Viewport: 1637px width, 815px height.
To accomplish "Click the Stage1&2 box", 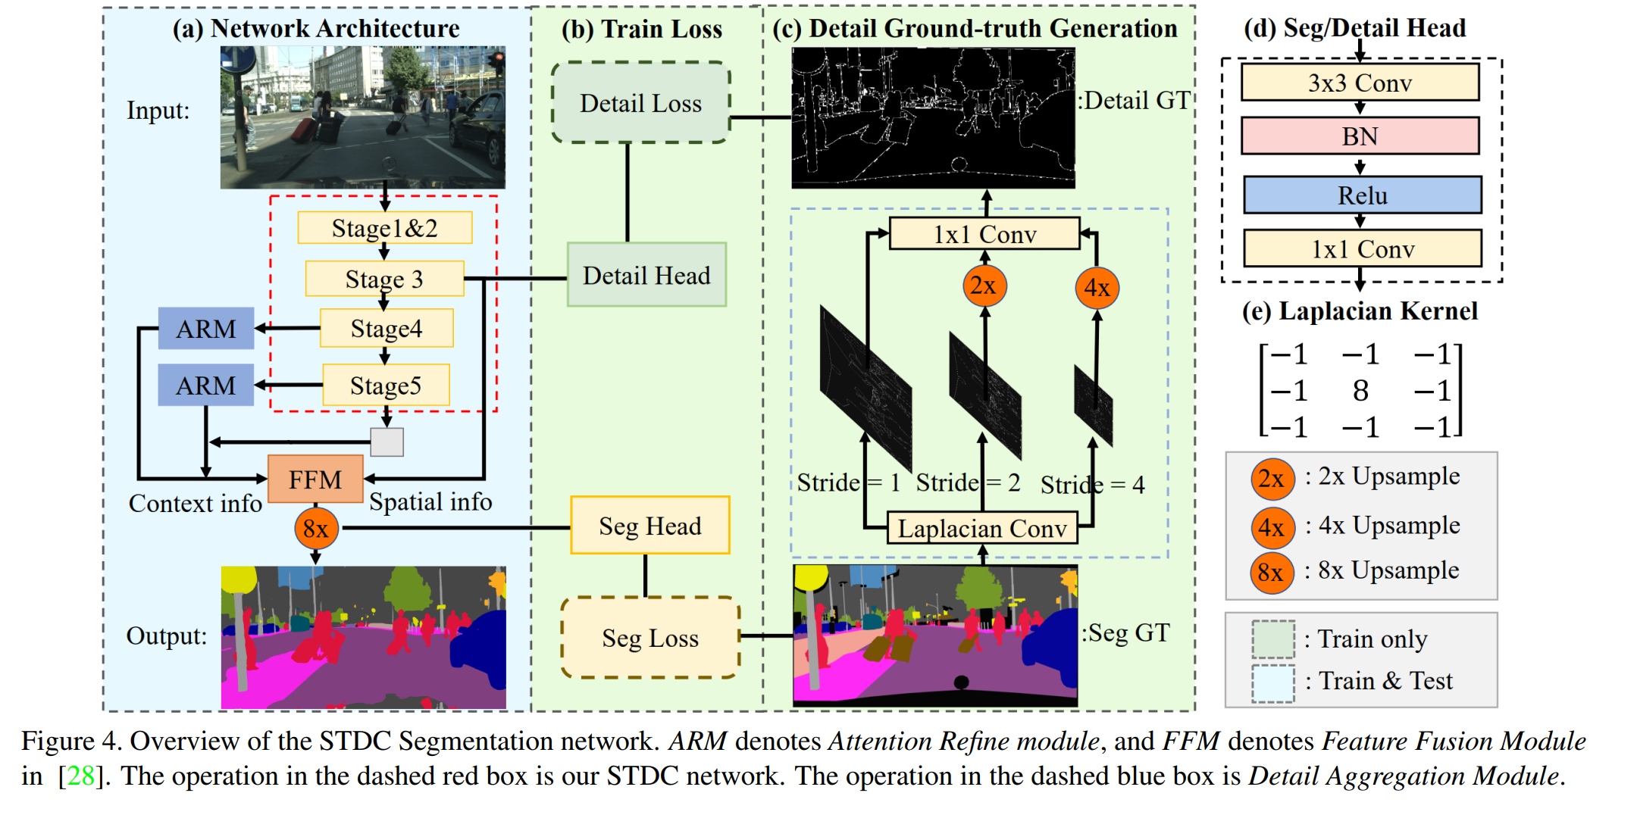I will click(384, 228).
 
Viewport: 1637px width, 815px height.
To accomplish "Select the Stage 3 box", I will click(384, 279).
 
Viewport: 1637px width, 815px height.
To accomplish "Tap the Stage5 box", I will click(386, 386).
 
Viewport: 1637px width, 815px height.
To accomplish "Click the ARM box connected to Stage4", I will click(206, 329).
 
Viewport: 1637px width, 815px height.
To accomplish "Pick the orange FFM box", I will click(315, 479).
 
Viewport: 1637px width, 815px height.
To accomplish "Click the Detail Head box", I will click(646, 275).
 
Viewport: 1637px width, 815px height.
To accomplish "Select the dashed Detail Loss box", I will click(641, 103).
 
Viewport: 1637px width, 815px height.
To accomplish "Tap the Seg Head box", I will click(649, 526).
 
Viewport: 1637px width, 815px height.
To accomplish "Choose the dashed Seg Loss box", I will click(650, 638).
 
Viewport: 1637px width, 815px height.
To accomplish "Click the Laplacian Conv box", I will click(982, 528).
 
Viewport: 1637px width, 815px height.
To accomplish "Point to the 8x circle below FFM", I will click(316, 528).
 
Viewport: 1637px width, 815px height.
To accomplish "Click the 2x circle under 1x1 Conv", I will click(984, 286).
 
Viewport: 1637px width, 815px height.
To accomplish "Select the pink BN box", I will click(1360, 136).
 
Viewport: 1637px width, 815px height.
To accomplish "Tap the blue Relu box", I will click(1362, 195).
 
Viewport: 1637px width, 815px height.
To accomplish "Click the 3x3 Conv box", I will click(1360, 83).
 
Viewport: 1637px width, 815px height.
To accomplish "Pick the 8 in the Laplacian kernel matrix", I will click(1360, 391).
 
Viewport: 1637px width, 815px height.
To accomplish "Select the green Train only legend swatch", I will click(1272, 639).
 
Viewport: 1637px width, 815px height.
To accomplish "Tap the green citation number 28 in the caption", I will click(81, 776).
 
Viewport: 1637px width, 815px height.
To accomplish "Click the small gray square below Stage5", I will click(387, 442).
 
